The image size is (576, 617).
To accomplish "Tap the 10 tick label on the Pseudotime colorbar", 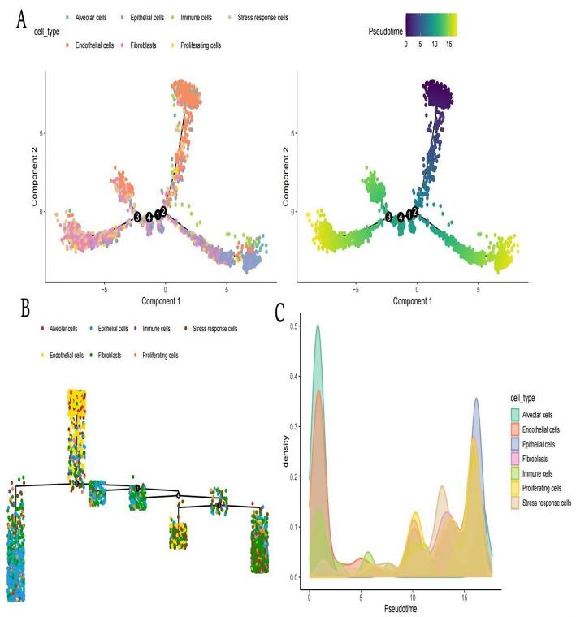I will [435, 45].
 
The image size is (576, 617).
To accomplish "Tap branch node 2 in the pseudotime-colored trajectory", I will [415, 211].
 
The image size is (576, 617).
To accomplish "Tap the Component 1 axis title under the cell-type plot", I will [166, 300].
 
